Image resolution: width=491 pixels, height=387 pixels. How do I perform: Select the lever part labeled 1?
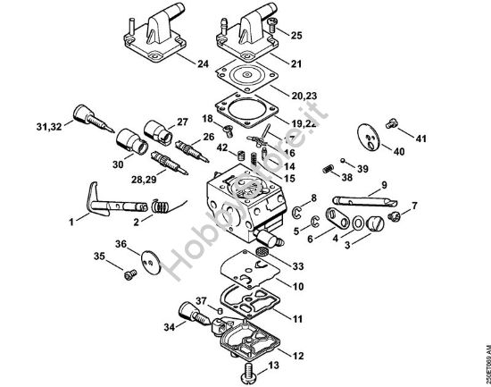pyautogui.click(x=98, y=199)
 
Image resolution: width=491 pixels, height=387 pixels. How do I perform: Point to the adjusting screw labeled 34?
pyautogui.click(x=191, y=315)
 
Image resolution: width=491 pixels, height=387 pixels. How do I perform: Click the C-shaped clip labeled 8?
pyautogui.click(x=294, y=211)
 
